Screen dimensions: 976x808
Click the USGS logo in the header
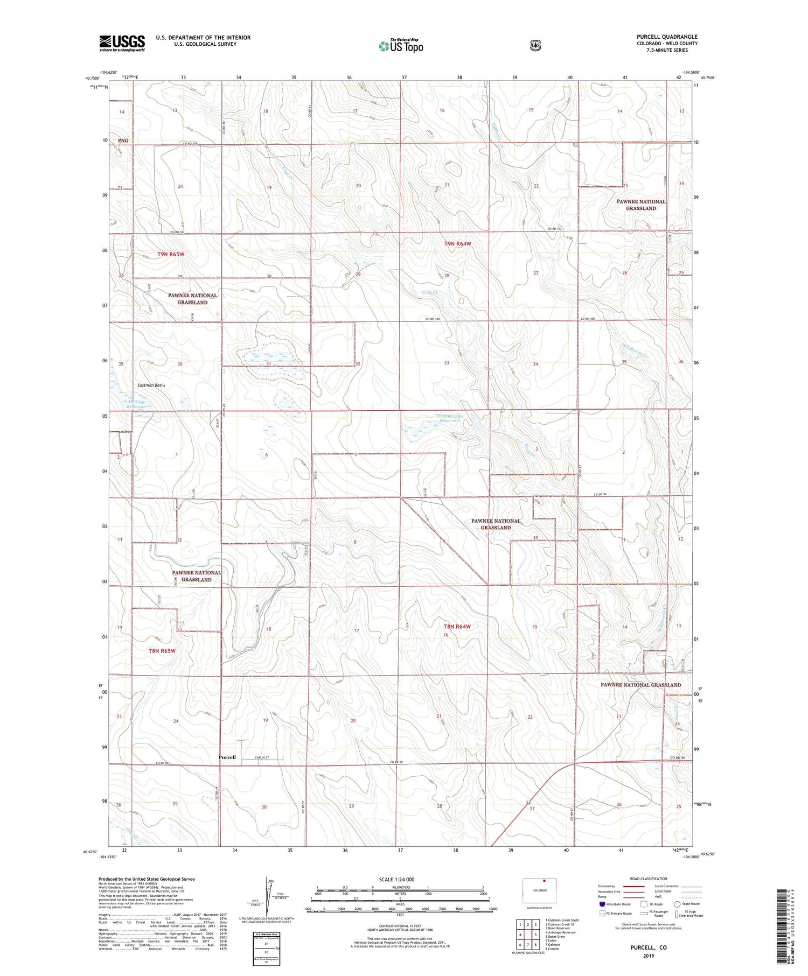[122, 43]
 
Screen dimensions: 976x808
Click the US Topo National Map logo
[401, 46]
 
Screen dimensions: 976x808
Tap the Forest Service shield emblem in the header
[535, 46]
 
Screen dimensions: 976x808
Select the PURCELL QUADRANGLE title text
[666, 37]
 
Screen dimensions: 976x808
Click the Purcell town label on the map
[227, 757]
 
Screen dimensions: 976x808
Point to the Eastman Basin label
[151, 385]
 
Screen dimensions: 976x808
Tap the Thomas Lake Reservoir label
[449, 418]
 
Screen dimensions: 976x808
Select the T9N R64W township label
[457, 244]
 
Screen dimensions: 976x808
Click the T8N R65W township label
[162, 651]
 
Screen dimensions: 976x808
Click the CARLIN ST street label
[261, 757]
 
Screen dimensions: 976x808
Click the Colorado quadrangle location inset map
[539, 890]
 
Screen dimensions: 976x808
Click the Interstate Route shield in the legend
[602, 904]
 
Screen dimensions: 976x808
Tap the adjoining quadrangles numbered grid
[527, 935]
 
